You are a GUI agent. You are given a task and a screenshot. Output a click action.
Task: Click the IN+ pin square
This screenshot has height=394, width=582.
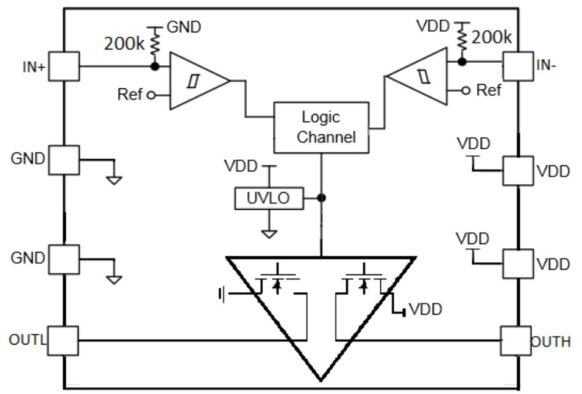tap(63, 65)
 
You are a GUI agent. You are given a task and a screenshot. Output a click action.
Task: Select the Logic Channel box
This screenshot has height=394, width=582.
tap(321, 127)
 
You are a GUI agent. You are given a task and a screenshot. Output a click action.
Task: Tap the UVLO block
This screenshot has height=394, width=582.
tap(268, 198)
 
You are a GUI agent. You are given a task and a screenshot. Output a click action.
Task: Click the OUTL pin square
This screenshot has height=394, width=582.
tap(63, 340)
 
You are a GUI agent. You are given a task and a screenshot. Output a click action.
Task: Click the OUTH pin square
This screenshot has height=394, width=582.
tap(516, 340)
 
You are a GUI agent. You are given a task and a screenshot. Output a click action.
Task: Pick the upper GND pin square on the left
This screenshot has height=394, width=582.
tap(63, 160)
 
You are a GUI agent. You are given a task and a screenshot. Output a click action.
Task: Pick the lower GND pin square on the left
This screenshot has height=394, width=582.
tap(63, 259)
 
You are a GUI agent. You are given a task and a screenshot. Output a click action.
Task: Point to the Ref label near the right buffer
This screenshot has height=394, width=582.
tap(489, 90)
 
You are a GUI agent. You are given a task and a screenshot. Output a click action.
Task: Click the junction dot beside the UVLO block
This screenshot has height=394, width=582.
tap(321, 198)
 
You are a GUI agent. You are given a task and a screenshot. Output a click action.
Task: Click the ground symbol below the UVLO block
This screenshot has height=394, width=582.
tap(268, 233)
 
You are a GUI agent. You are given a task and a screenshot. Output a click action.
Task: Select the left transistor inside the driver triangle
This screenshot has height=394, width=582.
tap(277, 284)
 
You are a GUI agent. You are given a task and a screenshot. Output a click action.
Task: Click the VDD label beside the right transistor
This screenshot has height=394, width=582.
tap(425, 309)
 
